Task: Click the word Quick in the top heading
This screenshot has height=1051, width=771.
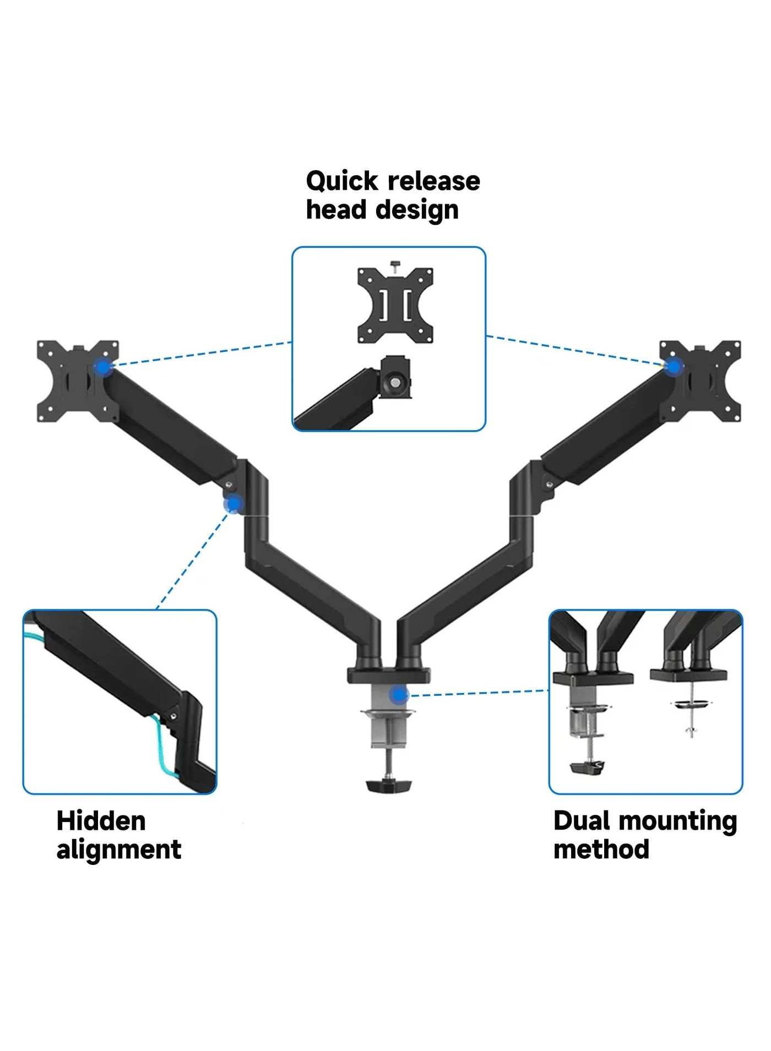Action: pos(341,181)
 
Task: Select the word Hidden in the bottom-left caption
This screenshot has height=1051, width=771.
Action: pos(101,821)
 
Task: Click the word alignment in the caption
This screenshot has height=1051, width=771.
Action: pos(118,849)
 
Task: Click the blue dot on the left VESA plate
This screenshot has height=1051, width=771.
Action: pos(103,367)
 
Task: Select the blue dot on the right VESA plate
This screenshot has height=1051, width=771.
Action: pos(673,366)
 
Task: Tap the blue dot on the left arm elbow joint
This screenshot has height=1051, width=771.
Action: pos(234,504)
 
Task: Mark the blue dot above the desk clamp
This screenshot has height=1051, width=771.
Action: pos(398,695)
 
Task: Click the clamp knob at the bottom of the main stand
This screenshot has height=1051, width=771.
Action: pos(389,784)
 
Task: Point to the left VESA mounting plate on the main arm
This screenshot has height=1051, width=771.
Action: pos(77,381)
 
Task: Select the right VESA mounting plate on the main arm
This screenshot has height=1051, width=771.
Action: pos(701,381)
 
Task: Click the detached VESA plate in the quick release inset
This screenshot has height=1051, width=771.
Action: pos(395,305)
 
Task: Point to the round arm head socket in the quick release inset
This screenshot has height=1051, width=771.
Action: pos(395,382)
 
